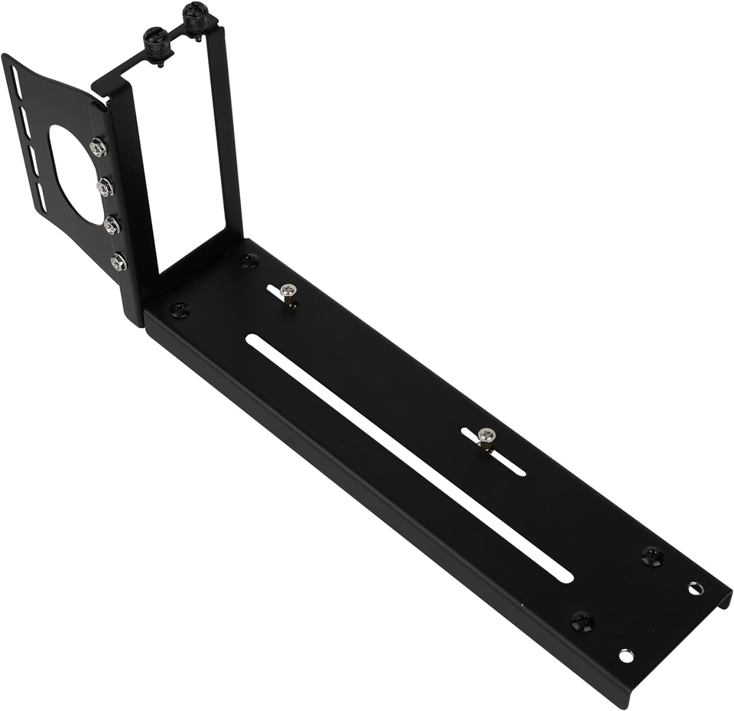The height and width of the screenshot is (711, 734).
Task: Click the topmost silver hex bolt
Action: pos(97,147)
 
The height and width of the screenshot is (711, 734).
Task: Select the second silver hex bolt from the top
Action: pos(105,187)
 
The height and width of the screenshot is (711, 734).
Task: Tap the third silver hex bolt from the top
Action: pos(112,225)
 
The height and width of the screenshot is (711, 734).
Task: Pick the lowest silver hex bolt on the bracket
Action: pos(118,262)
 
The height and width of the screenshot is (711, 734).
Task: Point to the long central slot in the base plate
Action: pos(408,457)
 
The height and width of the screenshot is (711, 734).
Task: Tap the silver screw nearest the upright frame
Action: pos(288,291)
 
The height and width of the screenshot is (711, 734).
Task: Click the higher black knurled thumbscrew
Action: pos(195,14)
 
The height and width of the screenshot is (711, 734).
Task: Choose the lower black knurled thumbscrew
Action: pos(156,38)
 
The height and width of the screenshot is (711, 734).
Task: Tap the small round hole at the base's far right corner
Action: pos(695,588)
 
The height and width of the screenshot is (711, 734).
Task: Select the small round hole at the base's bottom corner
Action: pos(625,655)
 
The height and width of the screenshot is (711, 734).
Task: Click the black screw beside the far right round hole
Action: pos(652,556)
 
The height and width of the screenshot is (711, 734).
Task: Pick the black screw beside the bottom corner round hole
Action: pos(583,621)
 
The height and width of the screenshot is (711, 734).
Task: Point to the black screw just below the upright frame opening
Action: pos(249,262)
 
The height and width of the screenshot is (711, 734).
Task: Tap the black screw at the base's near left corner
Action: pos(179,310)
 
